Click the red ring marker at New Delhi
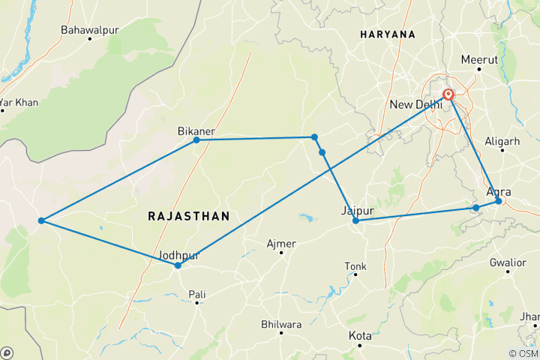point(448,95)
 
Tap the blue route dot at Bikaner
point(196,140)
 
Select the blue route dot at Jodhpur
point(178,265)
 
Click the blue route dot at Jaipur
point(355,221)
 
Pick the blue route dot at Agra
point(499,201)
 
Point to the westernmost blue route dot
point(41,220)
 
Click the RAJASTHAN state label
point(188,216)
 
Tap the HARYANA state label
point(387,34)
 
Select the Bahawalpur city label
point(91,31)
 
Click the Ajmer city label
point(281,244)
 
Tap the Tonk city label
point(355,266)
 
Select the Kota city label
point(360,336)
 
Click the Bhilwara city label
point(280,324)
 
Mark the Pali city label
point(197,295)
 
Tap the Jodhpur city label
point(179,255)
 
